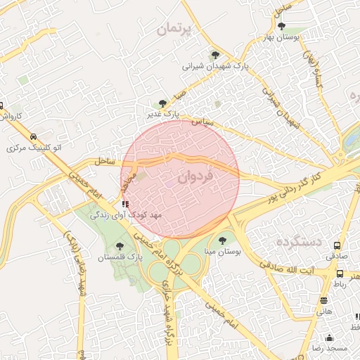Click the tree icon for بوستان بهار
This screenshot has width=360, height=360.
(281, 26)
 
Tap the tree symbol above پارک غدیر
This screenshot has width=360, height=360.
(163, 103)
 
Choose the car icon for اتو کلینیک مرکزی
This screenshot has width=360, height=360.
(33, 137)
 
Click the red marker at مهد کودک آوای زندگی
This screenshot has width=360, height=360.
(125, 205)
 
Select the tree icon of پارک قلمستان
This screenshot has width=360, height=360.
(119, 245)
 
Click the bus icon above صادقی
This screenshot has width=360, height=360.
(337, 245)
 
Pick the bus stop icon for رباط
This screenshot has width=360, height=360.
(340, 274)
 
